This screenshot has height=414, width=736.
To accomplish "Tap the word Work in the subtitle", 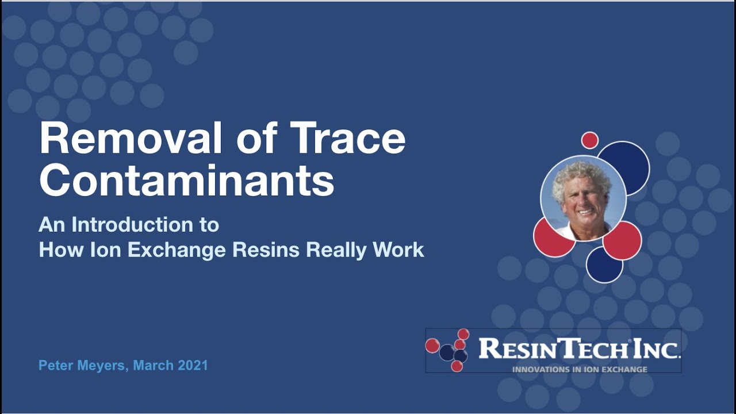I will [x=398, y=250].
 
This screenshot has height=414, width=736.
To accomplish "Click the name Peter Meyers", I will [x=80, y=365].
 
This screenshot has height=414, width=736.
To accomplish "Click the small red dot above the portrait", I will [x=589, y=140].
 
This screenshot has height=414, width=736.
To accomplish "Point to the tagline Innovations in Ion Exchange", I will [x=580, y=369].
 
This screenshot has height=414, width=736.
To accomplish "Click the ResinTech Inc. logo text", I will [x=579, y=348].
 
